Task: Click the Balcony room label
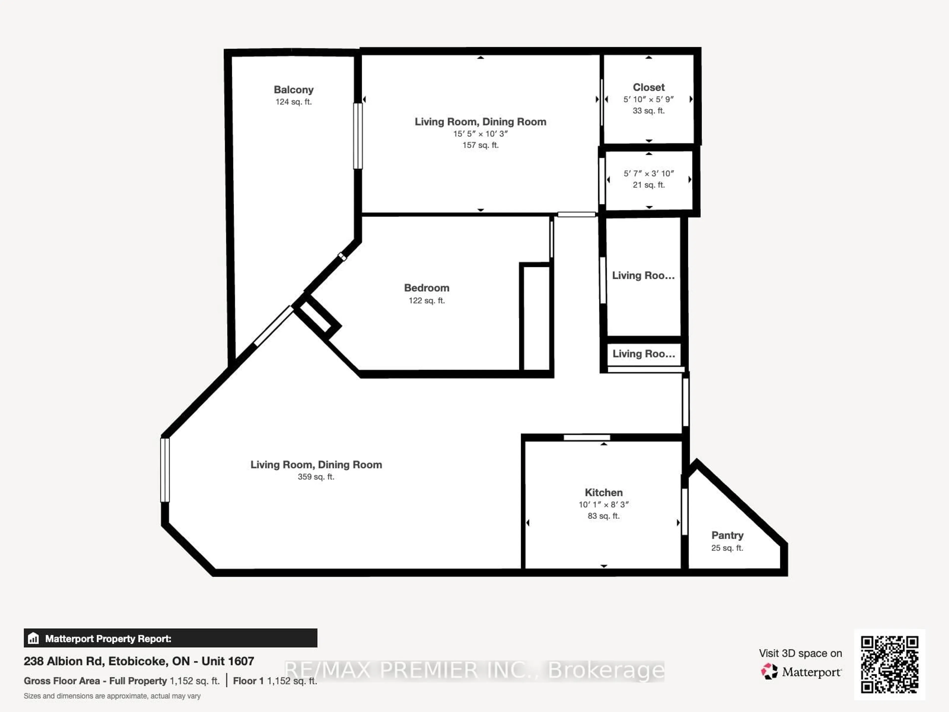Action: click(x=293, y=90)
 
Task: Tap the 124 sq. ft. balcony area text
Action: click(x=293, y=102)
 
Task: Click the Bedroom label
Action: click(x=427, y=288)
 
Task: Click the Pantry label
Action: click(x=727, y=535)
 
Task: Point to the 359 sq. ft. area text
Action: click(x=316, y=477)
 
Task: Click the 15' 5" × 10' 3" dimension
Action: click(x=480, y=133)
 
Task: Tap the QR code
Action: click(x=889, y=664)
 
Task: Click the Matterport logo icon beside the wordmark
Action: click(x=769, y=671)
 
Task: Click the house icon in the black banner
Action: click(x=33, y=639)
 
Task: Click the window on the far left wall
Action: click(x=165, y=470)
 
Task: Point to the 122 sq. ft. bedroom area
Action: click(x=427, y=300)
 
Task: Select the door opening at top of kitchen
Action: click(x=586, y=437)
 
